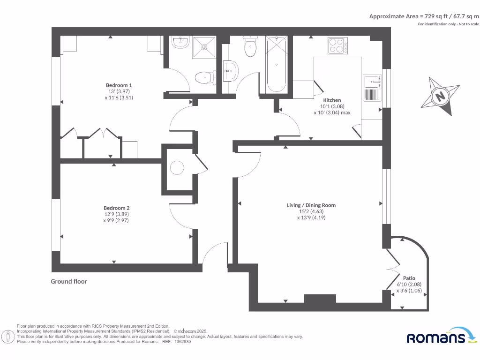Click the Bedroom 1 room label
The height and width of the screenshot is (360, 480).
[x=119, y=85]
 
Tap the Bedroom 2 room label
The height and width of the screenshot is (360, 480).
[x=116, y=208]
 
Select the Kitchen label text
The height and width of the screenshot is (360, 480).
[x=332, y=100]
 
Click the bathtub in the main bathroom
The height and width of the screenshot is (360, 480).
[x=276, y=65]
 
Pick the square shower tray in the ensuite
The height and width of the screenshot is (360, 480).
[x=205, y=46]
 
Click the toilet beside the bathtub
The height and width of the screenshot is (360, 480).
[x=250, y=47]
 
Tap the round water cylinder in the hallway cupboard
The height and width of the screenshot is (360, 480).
[x=178, y=168]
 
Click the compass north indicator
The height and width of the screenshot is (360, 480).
[x=440, y=97]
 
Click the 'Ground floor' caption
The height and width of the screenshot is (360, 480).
[x=69, y=281]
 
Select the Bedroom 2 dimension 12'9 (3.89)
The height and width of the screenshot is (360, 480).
[x=116, y=214]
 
